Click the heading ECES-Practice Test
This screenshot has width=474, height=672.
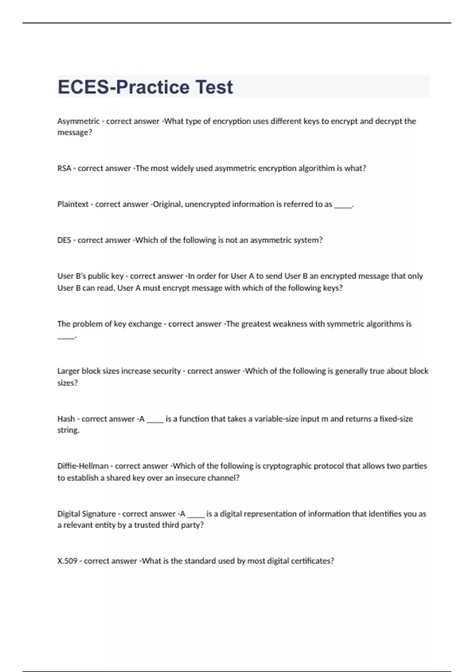click(145, 87)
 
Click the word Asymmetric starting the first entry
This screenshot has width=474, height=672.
click(78, 121)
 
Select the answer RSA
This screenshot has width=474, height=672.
click(64, 168)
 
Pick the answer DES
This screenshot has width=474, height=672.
click(64, 240)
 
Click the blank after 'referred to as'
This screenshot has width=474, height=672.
click(342, 205)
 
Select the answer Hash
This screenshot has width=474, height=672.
click(66, 419)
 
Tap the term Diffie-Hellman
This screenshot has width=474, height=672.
click(83, 466)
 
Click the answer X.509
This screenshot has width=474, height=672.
click(67, 561)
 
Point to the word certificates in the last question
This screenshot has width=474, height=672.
click(312, 561)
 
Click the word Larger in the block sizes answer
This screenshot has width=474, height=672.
click(68, 371)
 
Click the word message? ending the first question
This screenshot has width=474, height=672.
click(75, 133)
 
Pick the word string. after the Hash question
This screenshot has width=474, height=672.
click(68, 430)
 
